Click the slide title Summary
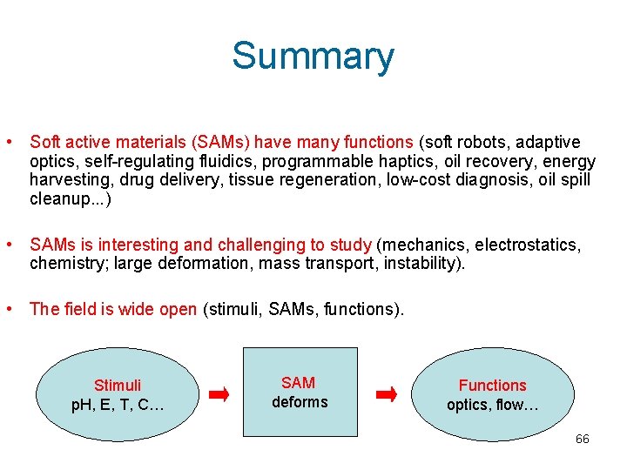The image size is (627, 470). coord(313,57)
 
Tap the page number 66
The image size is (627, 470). coord(582,439)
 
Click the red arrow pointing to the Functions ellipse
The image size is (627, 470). coord(386,395)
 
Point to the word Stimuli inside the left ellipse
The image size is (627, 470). coord(118,385)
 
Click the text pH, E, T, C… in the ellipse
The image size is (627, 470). coord(118,405)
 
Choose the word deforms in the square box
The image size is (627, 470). coord(300,402)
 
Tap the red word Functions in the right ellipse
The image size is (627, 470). coord(492,385)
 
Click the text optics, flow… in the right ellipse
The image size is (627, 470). coord(492,405)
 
